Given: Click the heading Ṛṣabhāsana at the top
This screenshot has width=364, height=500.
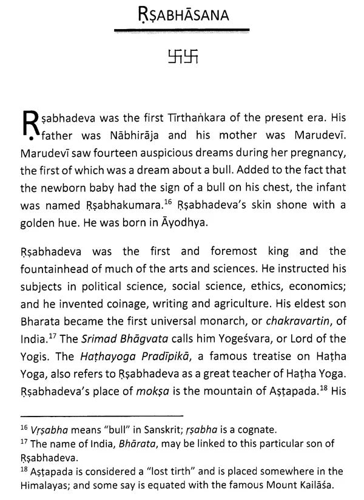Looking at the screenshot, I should tap(181, 15).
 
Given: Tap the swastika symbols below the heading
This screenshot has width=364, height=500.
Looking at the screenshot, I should tap(182, 58).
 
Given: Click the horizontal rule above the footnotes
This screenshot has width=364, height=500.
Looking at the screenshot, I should tap(101, 416).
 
